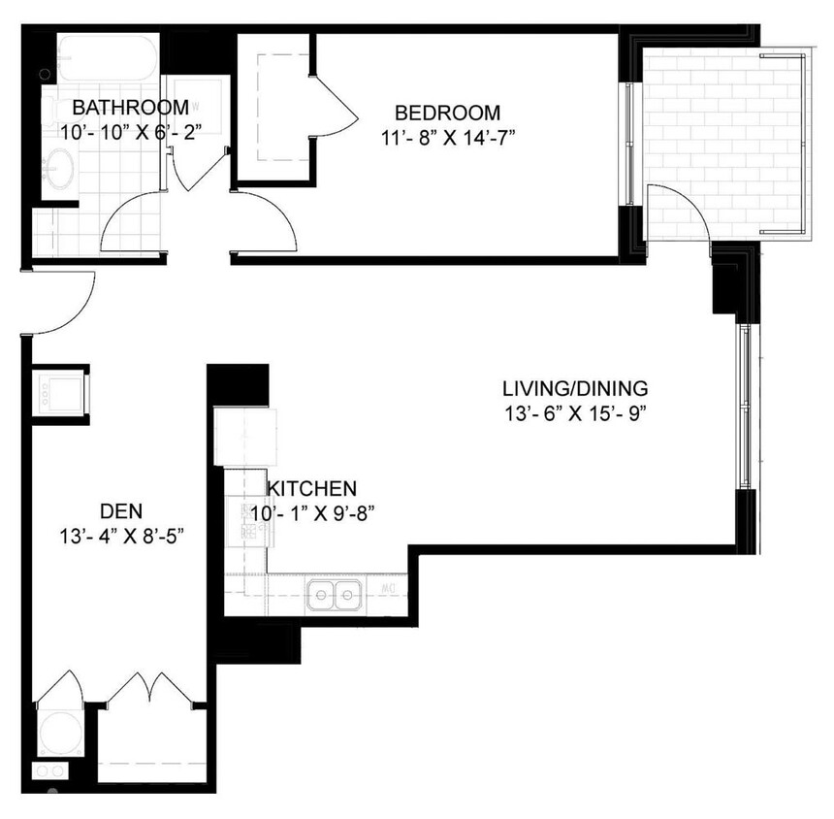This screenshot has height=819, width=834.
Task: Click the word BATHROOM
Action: tap(130, 107)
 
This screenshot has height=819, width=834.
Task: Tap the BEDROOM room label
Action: tap(447, 112)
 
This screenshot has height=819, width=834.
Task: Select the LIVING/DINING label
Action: tap(574, 389)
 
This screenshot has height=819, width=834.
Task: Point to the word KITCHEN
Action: tap(312, 489)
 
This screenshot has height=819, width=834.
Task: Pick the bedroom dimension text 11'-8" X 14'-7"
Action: tap(447, 136)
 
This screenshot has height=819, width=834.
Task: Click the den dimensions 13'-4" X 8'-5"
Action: tap(121, 534)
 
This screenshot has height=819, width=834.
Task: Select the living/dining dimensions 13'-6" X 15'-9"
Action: tap(574, 412)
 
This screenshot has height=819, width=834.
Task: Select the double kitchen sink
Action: tap(335, 594)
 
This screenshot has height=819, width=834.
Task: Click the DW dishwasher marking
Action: tap(390, 589)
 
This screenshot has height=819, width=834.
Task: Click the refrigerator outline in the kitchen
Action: tap(244, 437)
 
